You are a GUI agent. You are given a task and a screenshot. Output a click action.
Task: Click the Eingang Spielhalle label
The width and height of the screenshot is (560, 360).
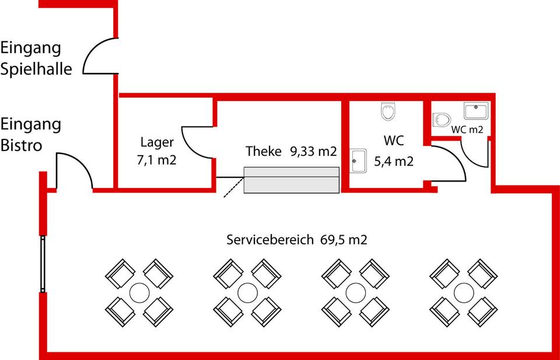click(36, 58)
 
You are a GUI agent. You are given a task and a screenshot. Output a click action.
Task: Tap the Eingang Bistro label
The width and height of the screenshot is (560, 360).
click(31, 134)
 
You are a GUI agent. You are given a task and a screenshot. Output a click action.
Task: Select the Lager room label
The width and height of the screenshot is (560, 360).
click(157, 141)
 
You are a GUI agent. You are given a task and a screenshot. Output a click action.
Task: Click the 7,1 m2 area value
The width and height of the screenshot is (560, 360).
click(156, 160)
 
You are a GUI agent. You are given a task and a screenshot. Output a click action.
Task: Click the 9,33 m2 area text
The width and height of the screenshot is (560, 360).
click(313, 152)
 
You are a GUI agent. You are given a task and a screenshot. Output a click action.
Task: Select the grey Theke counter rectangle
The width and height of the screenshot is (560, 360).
click(292, 180)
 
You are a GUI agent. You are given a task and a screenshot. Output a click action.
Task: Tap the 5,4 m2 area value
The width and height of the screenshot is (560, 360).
click(394, 161)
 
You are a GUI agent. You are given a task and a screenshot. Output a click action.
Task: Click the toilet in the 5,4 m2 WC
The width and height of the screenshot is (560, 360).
click(388, 111)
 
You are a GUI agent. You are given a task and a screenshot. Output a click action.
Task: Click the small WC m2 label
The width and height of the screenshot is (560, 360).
click(467, 130)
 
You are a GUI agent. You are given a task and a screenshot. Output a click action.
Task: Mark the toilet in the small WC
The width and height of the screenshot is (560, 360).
click(442, 120)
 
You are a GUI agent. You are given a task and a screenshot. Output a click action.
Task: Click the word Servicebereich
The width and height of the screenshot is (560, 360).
click(269, 240)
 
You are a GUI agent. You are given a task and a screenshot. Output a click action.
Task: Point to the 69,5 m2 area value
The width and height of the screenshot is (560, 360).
click(344, 240)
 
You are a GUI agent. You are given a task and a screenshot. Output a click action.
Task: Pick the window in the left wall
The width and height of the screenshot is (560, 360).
click(43, 263)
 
